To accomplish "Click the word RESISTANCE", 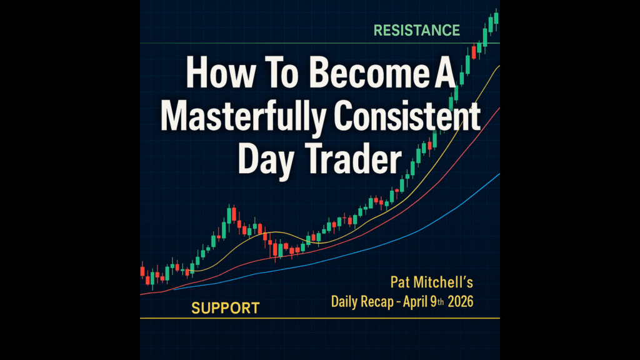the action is [x=417, y=30].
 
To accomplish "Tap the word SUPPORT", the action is [x=225, y=308].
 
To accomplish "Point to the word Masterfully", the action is [x=244, y=117].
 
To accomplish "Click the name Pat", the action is [x=400, y=282].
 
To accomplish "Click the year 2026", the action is [x=461, y=302].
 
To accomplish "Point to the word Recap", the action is [x=377, y=302].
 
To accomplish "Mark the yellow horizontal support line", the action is [x=320, y=318].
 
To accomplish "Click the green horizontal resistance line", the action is [x=320, y=43].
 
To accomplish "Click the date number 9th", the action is [x=437, y=302].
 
